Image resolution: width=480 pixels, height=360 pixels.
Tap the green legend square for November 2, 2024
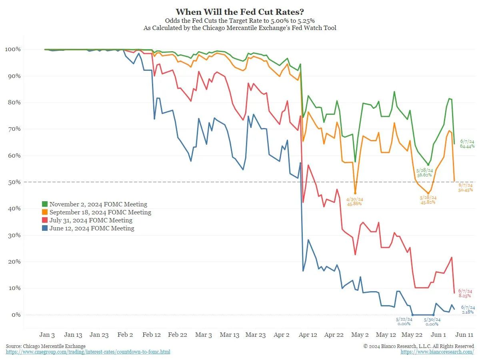pyautogui.click(x=45, y=204)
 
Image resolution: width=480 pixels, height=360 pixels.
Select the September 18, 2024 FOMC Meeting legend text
pyautogui.click(x=100, y=212)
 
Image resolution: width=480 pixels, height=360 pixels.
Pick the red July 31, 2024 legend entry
pyautogui.click(x=91, y=220)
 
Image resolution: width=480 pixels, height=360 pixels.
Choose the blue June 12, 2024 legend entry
pyautogui.click(x=92, y=228)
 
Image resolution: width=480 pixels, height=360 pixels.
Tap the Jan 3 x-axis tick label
pyautogui.click(x=47, y=335)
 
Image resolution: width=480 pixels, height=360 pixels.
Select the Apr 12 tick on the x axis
pyautogui.click(x=308, y=335)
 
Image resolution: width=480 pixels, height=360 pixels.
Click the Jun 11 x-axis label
pyautogui.click(x=465, y=335)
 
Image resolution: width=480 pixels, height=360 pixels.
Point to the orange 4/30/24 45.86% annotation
pyautogui.click(x=354, y=201)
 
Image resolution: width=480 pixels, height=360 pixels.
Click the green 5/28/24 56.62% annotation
pyautogui.click(x=424, y=172)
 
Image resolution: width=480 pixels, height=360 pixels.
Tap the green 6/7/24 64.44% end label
pyautogui.click(x=467, y=144)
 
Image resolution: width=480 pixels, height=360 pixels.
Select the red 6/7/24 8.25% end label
pyautogui.click(x=464, y=293)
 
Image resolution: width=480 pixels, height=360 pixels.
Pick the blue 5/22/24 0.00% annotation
pyautogui.click(x=404, y=322)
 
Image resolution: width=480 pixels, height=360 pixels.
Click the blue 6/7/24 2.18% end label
pyautogui.click(x=468, y=309)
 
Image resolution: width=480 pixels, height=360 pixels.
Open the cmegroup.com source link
pyautogui.click(x=88, y=352)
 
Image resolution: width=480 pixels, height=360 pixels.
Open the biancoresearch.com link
pyautogui.click(x=437, y=352)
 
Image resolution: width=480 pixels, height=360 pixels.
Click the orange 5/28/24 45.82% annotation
pyautogui.click(x=428, y=200)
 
